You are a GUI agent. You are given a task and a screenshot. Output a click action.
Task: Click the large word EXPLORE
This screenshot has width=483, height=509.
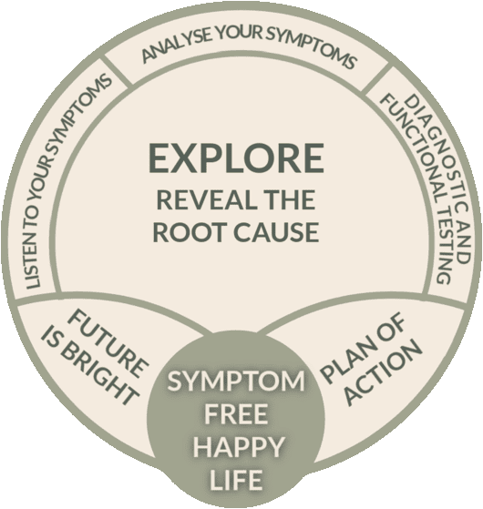236,158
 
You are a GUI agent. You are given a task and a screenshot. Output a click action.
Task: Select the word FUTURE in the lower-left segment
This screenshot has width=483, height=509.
108,345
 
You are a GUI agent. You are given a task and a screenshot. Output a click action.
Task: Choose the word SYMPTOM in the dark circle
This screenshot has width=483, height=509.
236,382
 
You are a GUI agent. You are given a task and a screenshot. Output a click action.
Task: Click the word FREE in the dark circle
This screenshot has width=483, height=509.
236,414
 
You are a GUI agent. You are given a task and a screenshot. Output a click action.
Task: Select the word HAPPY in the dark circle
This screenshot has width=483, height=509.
239,447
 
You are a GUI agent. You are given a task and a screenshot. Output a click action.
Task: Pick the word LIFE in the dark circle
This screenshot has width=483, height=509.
236,480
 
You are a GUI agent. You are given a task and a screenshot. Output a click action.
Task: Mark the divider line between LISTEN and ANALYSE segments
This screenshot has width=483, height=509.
117,71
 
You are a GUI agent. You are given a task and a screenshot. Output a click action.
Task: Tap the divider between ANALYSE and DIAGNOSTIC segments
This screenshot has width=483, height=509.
376,78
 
